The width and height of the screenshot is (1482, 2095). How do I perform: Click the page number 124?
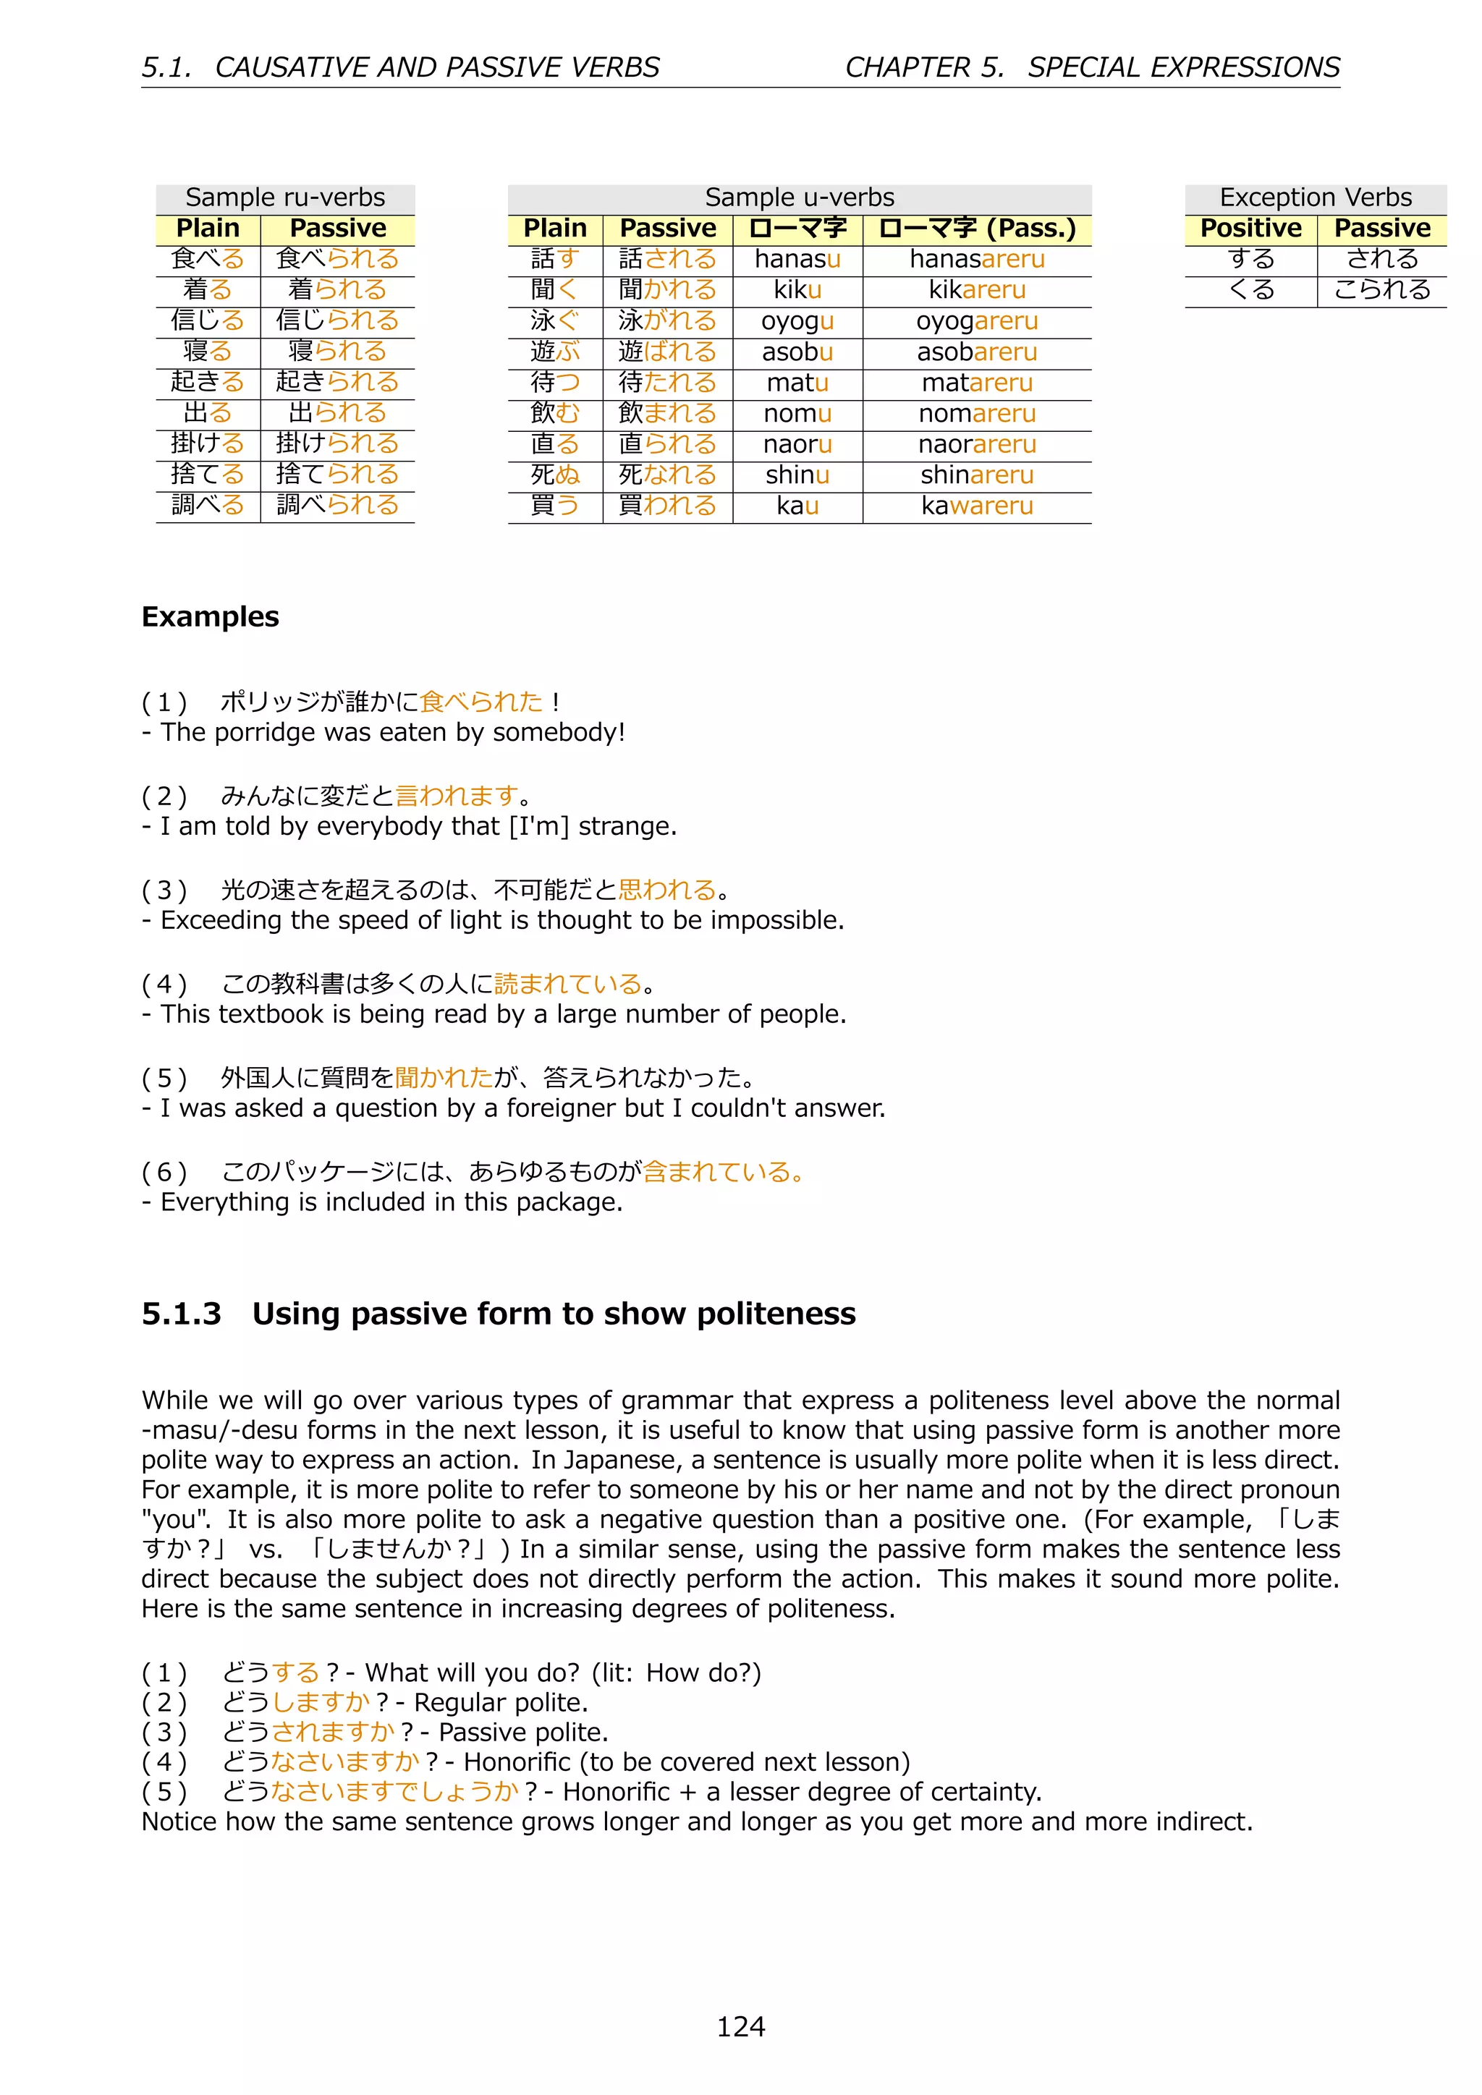click(740, 2026)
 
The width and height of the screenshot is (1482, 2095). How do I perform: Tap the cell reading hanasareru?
click(976, 259)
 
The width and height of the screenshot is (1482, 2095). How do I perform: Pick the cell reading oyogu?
click(797, 321)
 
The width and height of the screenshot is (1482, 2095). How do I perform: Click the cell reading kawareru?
click(976, 506)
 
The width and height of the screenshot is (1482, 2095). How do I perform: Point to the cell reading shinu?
click(797, 475)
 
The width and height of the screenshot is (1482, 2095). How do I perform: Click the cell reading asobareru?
click(976, 352)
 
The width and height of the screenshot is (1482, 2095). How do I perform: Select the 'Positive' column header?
click(1250, 228)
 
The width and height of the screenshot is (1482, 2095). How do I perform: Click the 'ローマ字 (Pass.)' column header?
click(976, 228)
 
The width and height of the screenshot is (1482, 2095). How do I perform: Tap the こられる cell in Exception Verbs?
click(1381, 290)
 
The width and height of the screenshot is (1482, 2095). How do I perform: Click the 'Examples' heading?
click(210, 617)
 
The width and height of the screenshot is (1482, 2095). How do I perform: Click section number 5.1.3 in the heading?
click(182, 1314)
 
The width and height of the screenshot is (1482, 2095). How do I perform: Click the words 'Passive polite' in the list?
click(522, 1732)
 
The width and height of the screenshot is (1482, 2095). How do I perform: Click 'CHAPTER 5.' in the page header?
click(923, 67)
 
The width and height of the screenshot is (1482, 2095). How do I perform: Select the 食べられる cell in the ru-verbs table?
click(338, 259)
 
